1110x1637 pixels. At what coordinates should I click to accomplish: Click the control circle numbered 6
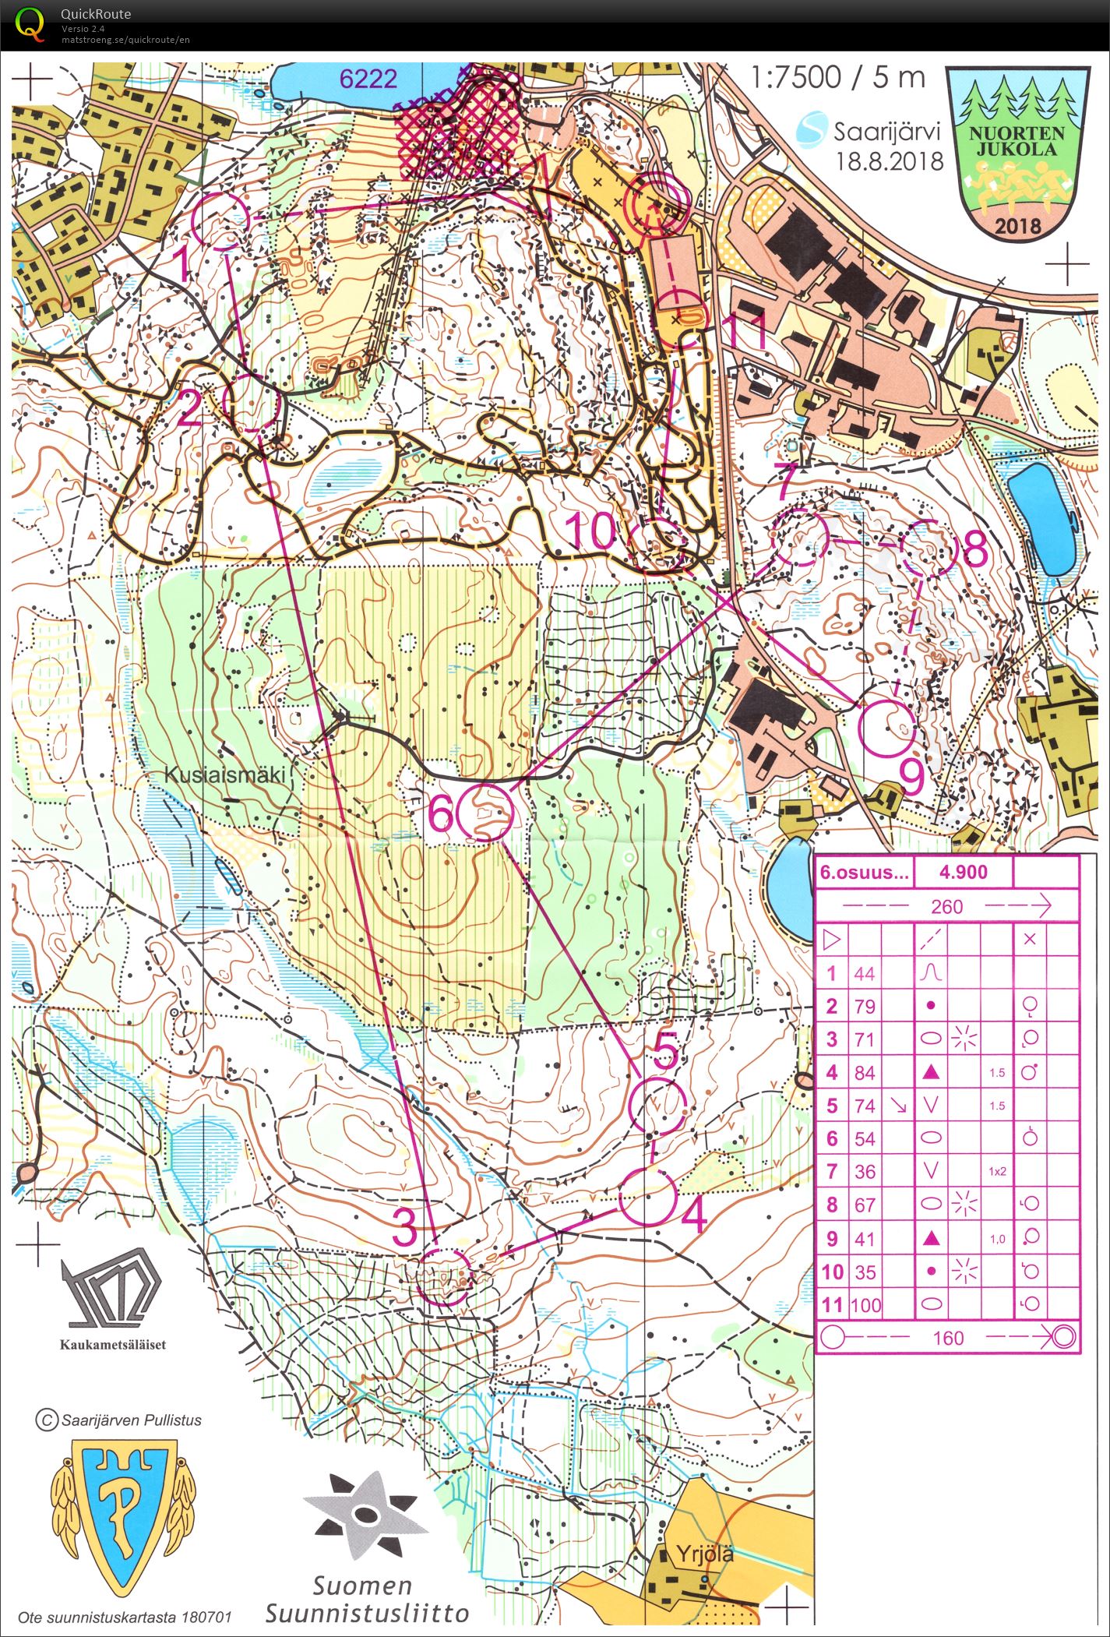tap(485, 813)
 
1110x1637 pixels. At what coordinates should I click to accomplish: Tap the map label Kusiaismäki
tap(227, 774)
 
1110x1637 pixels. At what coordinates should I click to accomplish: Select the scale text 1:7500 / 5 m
tap(838, 78)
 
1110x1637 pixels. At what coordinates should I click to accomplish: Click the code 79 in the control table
tap(865, 1006)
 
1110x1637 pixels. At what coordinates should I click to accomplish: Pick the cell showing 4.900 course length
tap(964, 872)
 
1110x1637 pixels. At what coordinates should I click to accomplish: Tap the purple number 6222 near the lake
tap(368, 78)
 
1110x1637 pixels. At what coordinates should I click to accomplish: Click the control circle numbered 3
tap(442, 1276)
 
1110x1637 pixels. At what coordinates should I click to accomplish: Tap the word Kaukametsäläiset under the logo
tap(113, 1344)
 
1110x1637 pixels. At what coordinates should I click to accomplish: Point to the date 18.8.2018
tap(890, 161)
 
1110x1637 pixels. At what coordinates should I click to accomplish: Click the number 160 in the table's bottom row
tap(948, 1339)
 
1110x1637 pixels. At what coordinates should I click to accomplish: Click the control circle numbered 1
tap(220, 221)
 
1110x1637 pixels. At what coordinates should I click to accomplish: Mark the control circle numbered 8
tap(928, 546)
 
